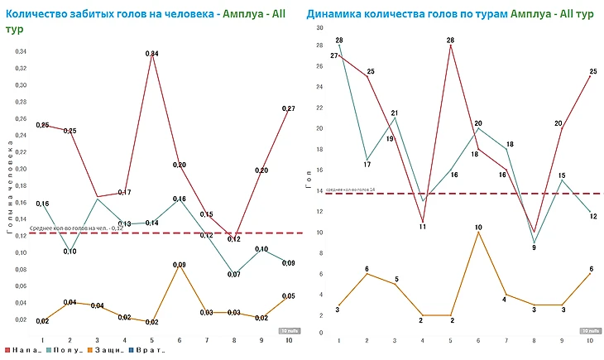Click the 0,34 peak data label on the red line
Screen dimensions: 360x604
[152, 54]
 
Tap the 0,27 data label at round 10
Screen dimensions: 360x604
[289, 108]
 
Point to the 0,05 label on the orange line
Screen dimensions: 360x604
[289, 296]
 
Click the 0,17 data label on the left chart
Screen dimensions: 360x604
[125, 192]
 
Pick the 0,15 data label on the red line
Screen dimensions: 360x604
[207, 214]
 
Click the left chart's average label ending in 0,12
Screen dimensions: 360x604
[76, 228]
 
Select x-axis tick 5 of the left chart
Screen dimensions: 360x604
[152, 340]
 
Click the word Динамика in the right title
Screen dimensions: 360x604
[332, 12]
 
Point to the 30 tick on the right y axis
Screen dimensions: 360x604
[319, 27]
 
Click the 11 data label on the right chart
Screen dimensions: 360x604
[422, 226]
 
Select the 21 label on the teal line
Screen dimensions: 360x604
[395, 113]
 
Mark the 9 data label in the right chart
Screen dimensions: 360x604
[533, 247]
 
